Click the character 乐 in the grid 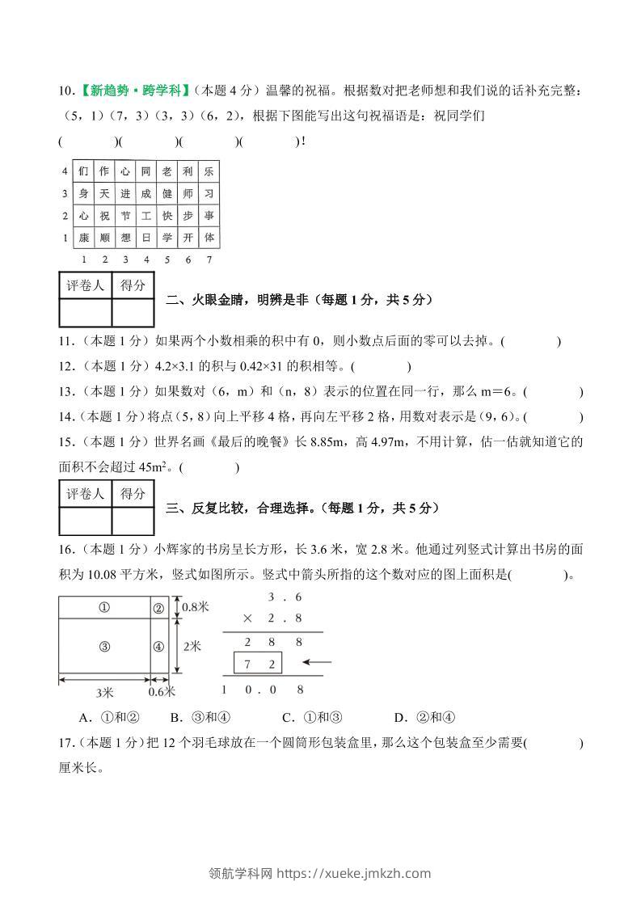point(209,171)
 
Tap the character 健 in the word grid point(167,194)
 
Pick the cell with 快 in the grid point(167,216)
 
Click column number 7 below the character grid point(209,259)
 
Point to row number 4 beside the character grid point(65,171)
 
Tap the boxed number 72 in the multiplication point(258,664)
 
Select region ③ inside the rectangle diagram point(104,646)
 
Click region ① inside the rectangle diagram point(104,608)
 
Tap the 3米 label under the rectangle point(104,693)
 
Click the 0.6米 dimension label point(162,692)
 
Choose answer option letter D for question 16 point(399,717)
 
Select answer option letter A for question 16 point(84,717)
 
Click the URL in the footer point(354,873)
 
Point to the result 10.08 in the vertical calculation point(264,690)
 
